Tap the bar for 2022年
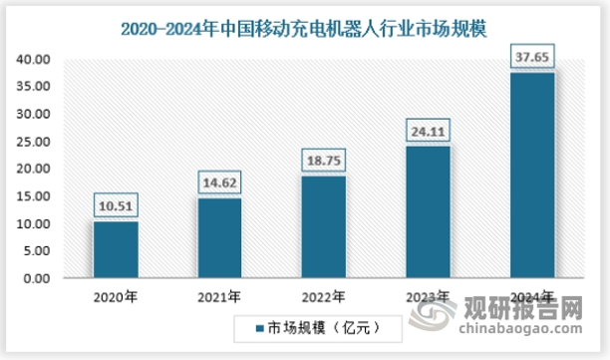coord(323,226)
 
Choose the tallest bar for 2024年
coord(531,175)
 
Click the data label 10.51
coord(116,207)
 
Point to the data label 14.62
coord(219,184)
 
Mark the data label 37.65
coord(532,58)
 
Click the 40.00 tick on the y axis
coord(33,59)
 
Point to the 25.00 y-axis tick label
coord(33,142)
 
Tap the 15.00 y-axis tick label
coord(33,196)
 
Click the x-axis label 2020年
coord(116,297)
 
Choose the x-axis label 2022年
coord(324,297)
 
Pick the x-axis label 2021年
coord(219,297)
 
